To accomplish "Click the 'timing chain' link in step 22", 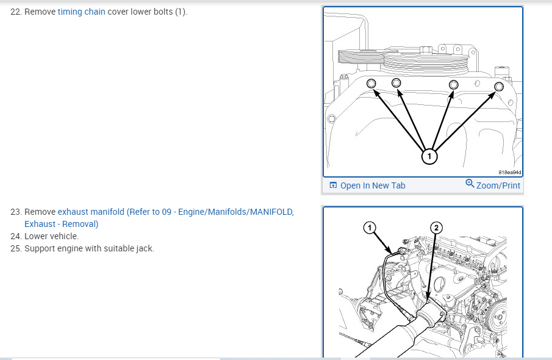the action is (x=81, y=12).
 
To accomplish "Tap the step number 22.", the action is (x=16, y=12).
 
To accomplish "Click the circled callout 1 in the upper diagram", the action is (x=429, y=156).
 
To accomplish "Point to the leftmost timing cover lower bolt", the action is (x=371, y=84).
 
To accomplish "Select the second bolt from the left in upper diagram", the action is (x=396, y=83).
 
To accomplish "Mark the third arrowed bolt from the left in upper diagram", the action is (x=453, y=85).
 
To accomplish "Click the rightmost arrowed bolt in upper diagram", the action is (x=498, y=87).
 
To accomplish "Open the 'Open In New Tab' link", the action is (x=373, y=185).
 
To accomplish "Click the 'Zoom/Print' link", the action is (x=498, y=185).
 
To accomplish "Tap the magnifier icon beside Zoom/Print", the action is (x=470, y=184).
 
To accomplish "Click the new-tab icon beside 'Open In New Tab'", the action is (x=333, y=185).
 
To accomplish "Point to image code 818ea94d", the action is (x=510, y=172).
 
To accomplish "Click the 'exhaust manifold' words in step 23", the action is (x=91, y=212).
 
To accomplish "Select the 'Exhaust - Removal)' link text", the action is (x=61, y=224).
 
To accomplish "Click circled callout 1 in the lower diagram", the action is (x=369, y=228).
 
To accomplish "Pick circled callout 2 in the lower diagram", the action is (x=437, y=228).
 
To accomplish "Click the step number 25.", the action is (x=16, y=248).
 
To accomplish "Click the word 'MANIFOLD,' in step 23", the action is (x=272, y=212).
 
